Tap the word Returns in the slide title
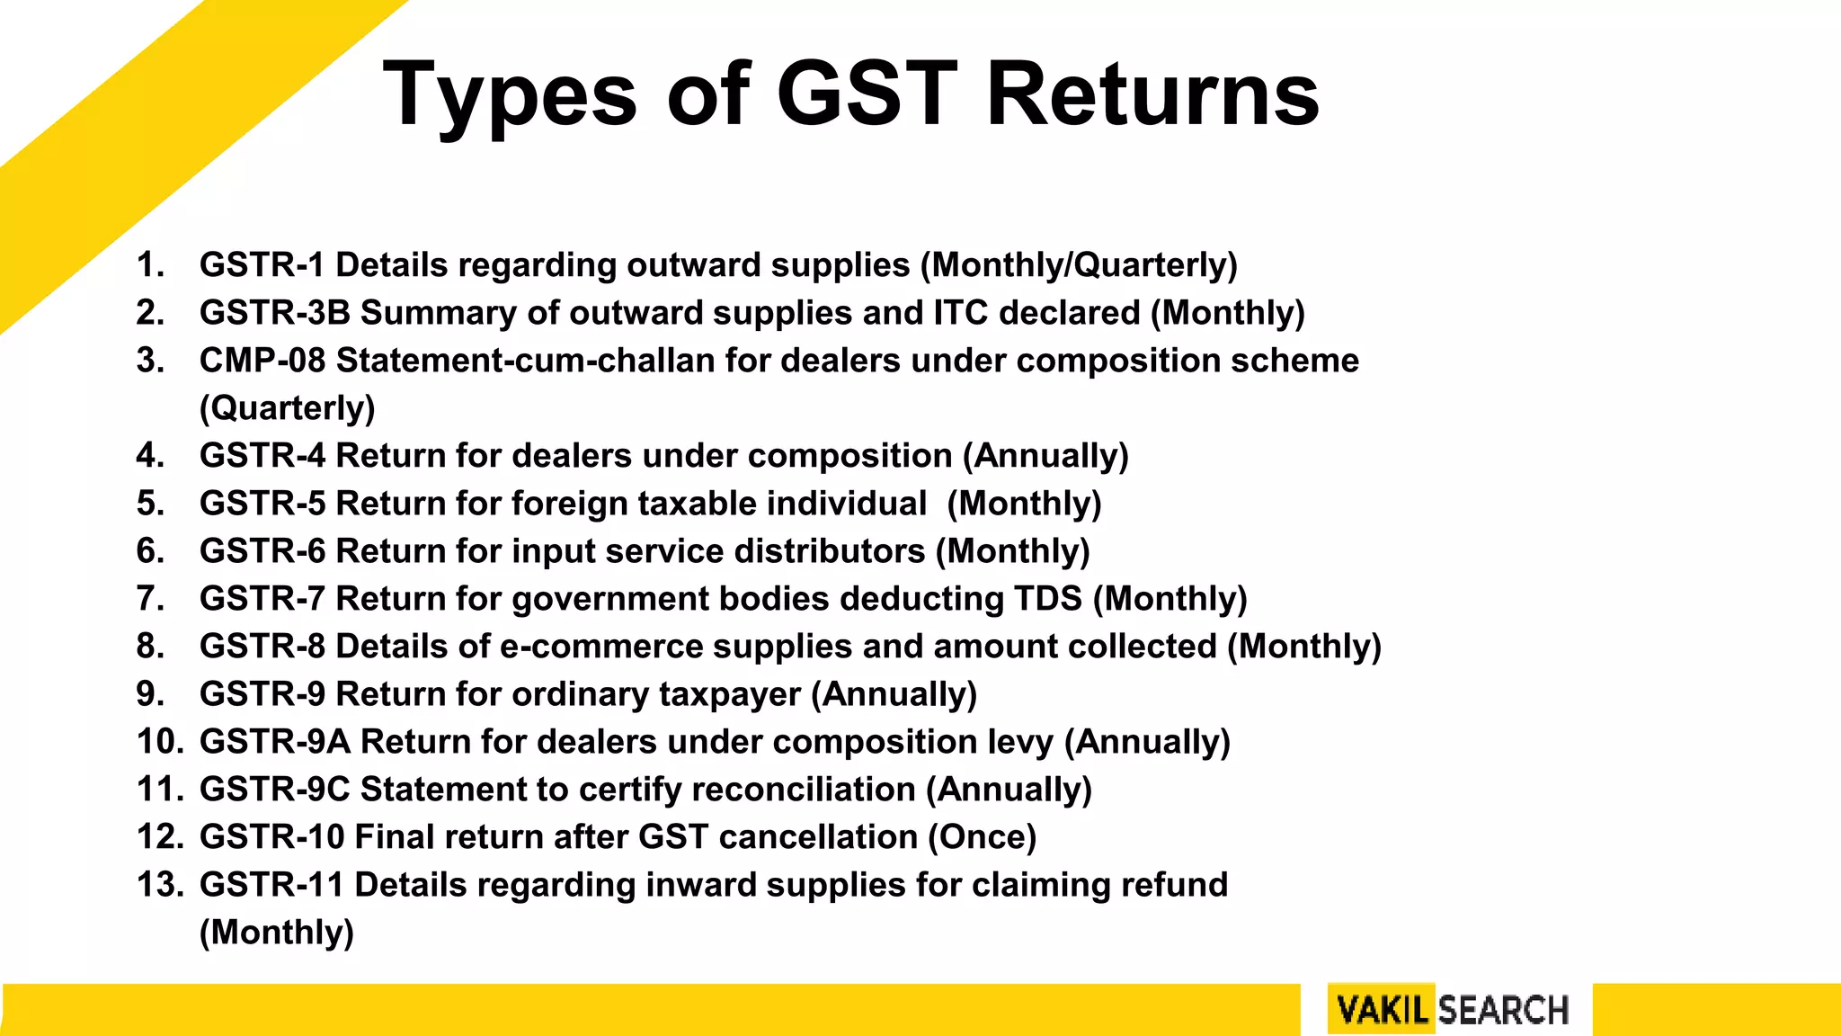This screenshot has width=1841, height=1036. (x=1152, y=94)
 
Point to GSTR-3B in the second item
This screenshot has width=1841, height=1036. (x=274, y=313)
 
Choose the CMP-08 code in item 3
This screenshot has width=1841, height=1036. (x=262, y=361)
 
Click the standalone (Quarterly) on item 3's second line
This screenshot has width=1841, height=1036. (x=287, y=408)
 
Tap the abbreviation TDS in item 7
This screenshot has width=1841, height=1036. (x=1047, y=599)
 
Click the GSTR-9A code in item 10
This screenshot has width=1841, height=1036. (x=274, y=742)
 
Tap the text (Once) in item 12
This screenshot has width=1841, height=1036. (x=982, y=837)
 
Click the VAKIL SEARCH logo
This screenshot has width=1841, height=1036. (x=1452, y=1010)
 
